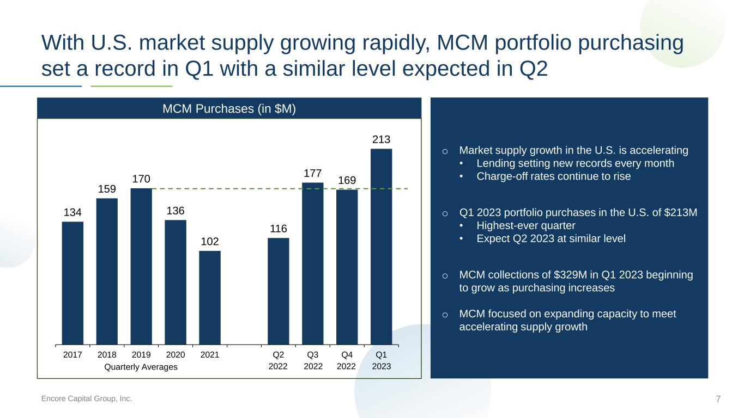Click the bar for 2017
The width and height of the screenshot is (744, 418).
(x=72, y=283)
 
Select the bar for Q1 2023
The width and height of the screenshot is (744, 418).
(x=381, y=247)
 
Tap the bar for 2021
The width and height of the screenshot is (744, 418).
(x=210, y=298)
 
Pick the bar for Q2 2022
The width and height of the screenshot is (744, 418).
(x=279, y=291)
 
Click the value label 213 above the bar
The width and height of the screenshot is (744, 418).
(x=381, y=139)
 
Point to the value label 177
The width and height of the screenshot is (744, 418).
(x=312, y=173)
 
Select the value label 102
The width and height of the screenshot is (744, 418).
(x=210, y=241)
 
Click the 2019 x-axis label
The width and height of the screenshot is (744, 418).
(x=141, y=355)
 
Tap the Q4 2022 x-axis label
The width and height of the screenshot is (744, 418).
(x=347, y=360)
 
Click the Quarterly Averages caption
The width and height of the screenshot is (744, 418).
(x=141, y=367)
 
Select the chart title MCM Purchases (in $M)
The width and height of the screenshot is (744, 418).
(x=229, y=109)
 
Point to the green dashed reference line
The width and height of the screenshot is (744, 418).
(x=280, y=188)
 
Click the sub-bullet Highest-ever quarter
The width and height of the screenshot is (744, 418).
(x=526, y=225)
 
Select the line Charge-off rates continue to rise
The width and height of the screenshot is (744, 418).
(x=553, y=176)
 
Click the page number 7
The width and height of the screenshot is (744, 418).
(x=718, y=399)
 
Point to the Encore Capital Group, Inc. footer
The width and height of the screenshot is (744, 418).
(x=86, y=398)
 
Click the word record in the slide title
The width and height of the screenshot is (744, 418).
(x=125, y=69)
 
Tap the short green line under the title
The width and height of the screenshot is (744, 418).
(x=131, y=86)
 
